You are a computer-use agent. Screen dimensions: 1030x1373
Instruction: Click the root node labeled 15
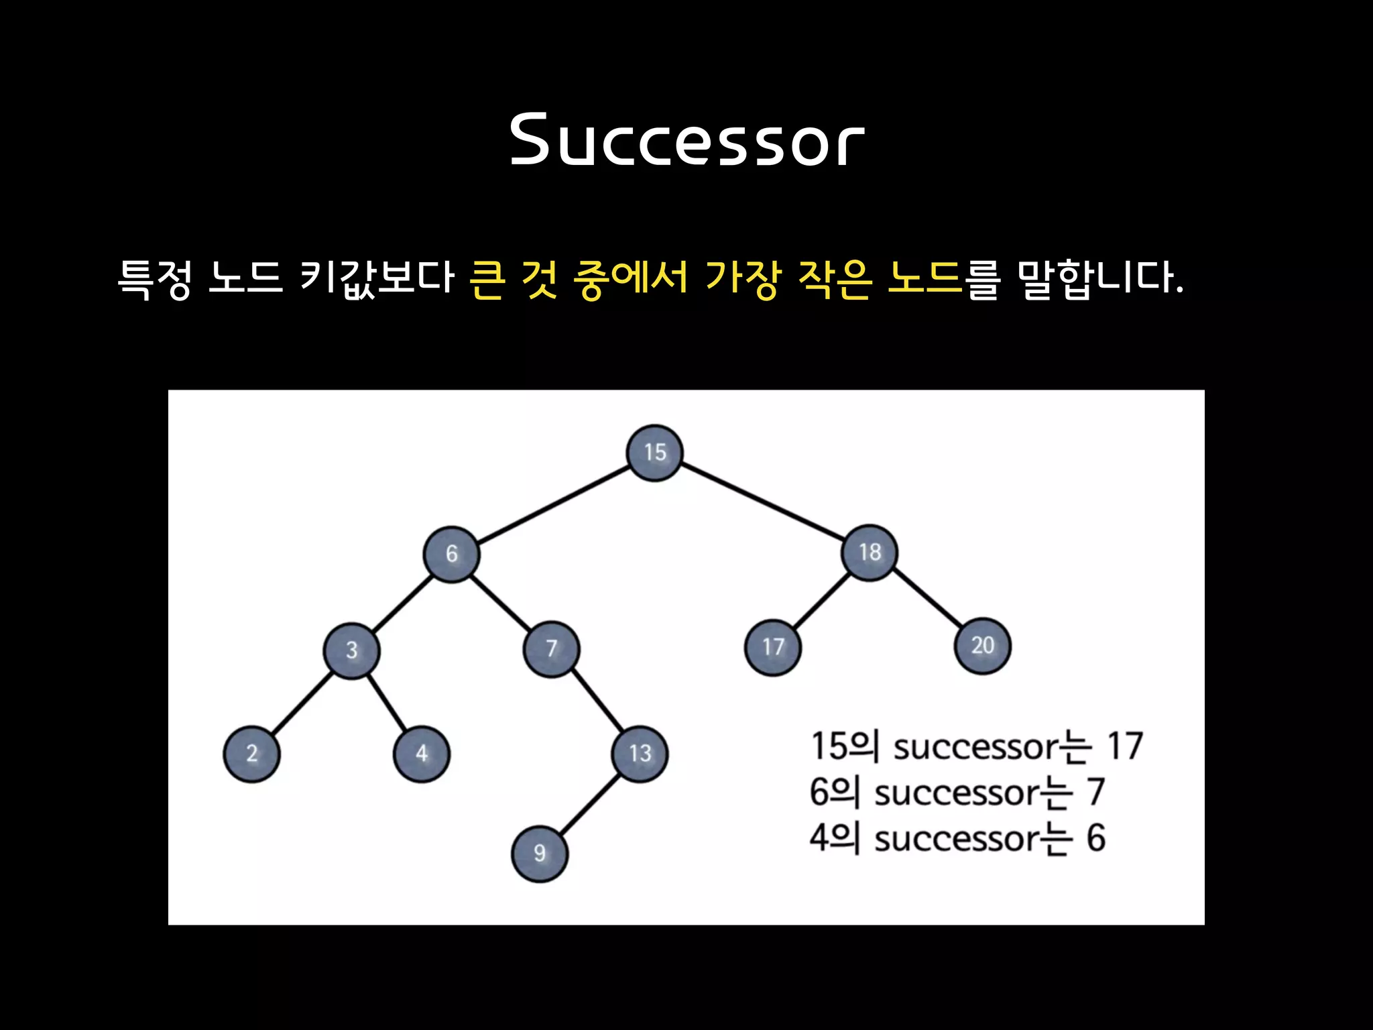click(654, 453)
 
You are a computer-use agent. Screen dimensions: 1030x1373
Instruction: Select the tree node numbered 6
click(451, 554)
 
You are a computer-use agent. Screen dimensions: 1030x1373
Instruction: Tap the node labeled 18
click(870, 553)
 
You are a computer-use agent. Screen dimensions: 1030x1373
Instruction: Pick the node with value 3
click(351, 650)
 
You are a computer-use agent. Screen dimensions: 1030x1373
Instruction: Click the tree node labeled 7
click(551, 648)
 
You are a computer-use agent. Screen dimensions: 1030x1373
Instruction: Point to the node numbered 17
click(772, 647)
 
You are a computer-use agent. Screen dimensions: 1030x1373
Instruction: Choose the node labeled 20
click(982, 646)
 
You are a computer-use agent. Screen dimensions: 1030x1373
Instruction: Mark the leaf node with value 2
click(251, 754)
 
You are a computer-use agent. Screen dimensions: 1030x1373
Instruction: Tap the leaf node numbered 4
click(422, 754)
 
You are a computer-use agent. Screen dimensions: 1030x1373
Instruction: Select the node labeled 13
click(640, 754)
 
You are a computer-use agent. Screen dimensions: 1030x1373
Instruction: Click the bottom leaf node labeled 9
click(539, 854)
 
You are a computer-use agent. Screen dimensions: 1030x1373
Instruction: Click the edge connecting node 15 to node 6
click(553, 504)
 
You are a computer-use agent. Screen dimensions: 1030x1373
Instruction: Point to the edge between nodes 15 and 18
click(762, 502)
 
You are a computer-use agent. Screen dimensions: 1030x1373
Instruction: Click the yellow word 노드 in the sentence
click(924, 277)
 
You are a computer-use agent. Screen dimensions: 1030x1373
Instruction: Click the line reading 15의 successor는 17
click(976, 746)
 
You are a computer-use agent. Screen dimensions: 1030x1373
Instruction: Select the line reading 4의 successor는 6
click(957, 838)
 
